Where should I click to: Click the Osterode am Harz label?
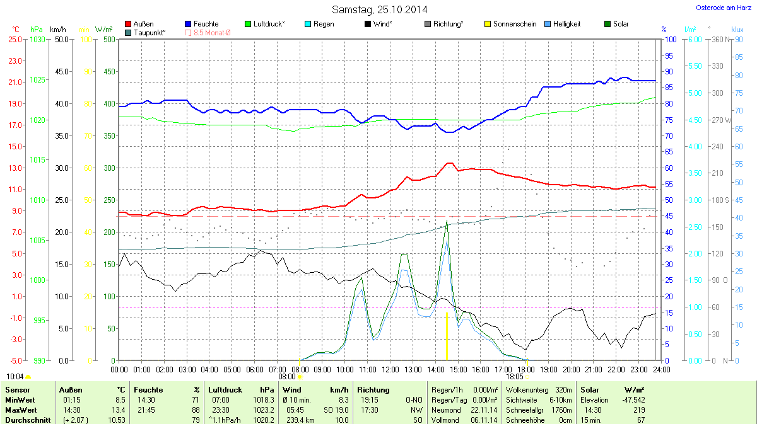(x=719, y=8)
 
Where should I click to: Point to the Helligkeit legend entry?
(x=563, y=24)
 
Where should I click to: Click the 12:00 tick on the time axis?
(x=390, y=369)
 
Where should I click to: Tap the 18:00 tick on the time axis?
(x=526, y=369)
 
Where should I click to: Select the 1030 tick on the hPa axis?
(x=38, y=39)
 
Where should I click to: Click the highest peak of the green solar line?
(x=447, y=221)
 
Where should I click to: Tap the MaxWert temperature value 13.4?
(x=119, y=410)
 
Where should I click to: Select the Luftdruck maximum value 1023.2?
(x=264, y=410)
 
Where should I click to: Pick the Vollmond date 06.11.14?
(x=485, y=420)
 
